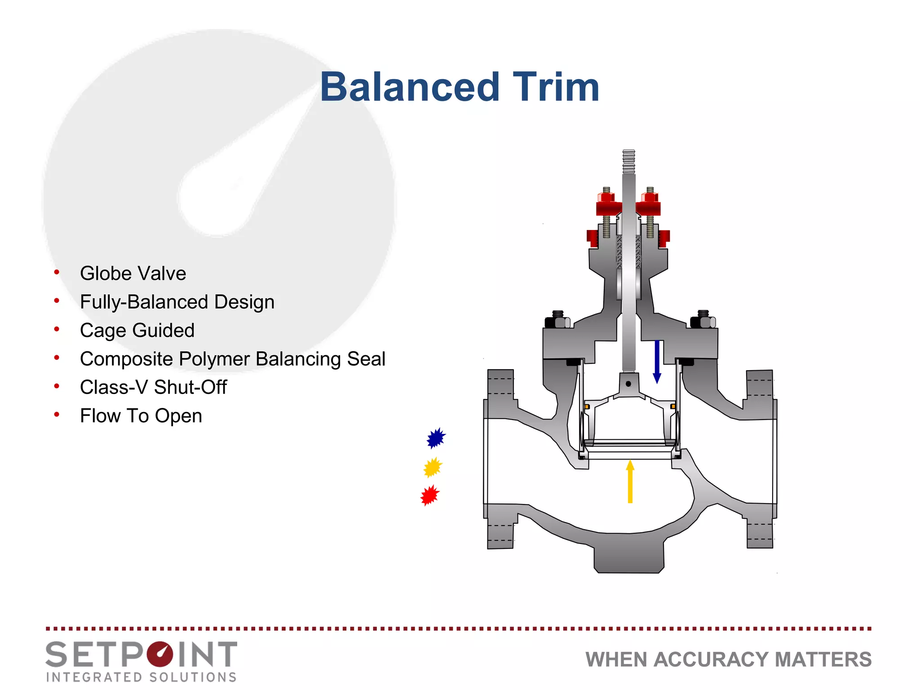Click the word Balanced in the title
[x=410, y=87]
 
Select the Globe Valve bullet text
[x=133, y=273]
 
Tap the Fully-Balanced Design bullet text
[x=177, y=302]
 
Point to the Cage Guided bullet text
[x=137, y=330]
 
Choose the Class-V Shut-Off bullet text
[x=153, y=387]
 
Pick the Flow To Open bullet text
[x=141, y=416]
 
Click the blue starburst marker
[x=436, y=438]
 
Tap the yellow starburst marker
[x=433, y=468]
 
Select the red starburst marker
[x=430, y=495]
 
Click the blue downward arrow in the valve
[x=657, y=362]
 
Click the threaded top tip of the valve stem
[x=629, y=161]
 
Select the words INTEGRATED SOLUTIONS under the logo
[x=141, y=677]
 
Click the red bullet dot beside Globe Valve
[x=57, y=272]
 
